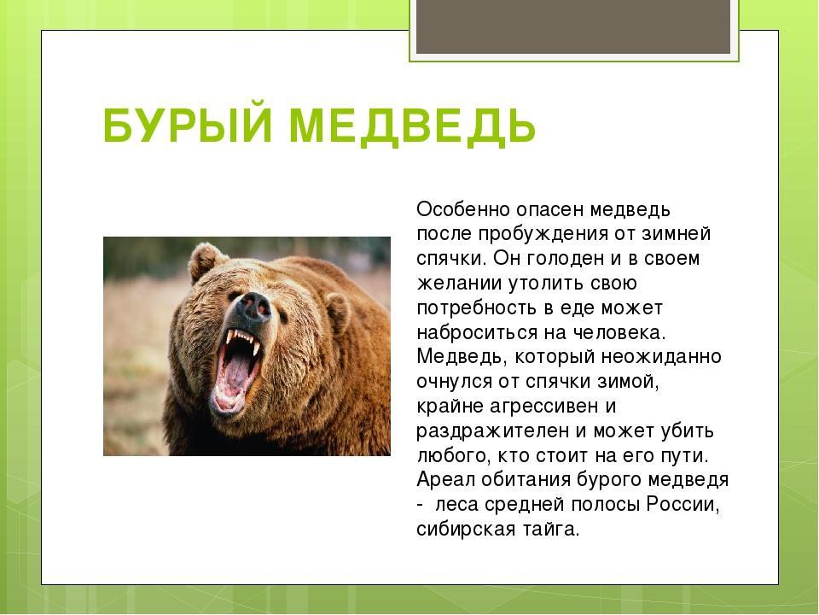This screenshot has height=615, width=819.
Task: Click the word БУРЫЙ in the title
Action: click(x=188, y=126)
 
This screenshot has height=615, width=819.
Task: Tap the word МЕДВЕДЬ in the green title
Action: click(x=413, y=126)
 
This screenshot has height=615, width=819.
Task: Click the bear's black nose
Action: click(x=253, y=307)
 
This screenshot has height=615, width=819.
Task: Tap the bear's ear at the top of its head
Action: click(x=206, y=261)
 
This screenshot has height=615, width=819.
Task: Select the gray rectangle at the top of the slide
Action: click(x=573, y=26)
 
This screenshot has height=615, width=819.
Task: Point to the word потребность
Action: click(x=476, y=308)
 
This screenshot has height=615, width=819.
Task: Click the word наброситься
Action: click(x=478, y=332)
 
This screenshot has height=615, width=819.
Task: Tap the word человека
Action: click(x=619, y=333)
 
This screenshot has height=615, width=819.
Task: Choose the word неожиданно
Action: click(x=661, y=357)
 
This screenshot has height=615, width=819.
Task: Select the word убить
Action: click(x=688, y=430)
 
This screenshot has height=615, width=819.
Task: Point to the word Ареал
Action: click(x=445, y=479)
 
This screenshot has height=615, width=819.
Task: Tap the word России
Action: click(x=683, y=505)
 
